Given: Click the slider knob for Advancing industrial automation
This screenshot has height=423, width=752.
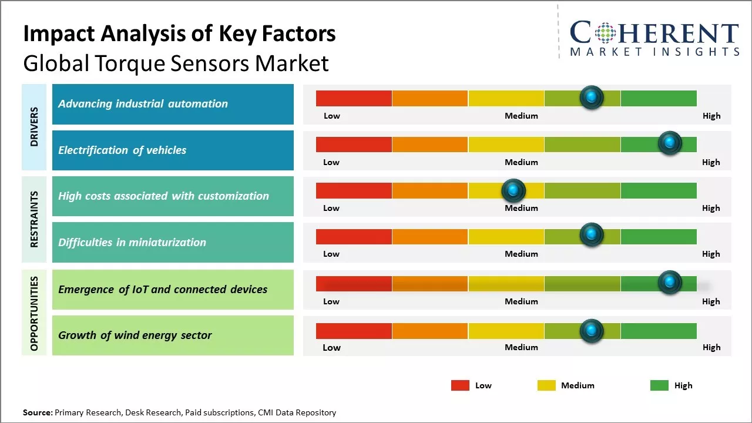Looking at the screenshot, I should pyautogui.click(x=592, y=97).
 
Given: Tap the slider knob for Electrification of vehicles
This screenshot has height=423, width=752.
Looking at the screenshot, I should pyautogui.click(x=669, y=143).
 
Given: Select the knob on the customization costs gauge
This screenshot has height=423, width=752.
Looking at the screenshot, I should pyautogui.click(x=513, y=190).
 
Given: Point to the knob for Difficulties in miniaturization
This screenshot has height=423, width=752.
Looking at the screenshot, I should pyautogui.click(x=592, y=235).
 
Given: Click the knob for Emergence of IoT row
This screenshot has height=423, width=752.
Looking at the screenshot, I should pyautogui.click(x=669, y=283).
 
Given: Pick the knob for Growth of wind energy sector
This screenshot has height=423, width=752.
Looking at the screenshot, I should pyautogui.click(x=592, y=331).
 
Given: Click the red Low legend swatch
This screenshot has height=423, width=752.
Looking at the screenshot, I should pyautogui.click(x=460, y=385).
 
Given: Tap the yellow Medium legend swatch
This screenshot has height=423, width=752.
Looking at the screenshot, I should pyautogui.click(x=546, y=385).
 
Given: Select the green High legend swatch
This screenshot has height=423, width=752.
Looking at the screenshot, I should pyautogui.click(x=659, y=385).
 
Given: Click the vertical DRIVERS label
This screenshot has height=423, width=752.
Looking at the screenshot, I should pyautogui.click(x=34, y=127).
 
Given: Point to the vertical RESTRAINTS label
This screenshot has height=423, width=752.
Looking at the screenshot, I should pyautogui.click(x=34, y=219).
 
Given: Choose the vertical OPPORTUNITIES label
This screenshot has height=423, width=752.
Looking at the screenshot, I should pyautogui.click(x=34, y=313).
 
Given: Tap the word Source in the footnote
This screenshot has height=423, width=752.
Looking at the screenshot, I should pyautogui.click(x=37, y=412).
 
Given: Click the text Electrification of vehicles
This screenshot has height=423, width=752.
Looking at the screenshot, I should pyautogui.click(x=122, y=150).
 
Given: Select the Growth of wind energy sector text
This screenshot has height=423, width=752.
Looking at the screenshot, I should pyautogui.click(x=135, y=335).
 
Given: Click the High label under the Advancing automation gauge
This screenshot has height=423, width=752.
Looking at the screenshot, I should pyautogui.click(x=711, y=116).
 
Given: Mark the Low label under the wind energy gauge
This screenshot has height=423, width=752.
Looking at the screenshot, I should pyautogui.click(x=331, y=347).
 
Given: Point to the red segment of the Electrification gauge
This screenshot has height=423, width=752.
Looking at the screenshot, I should pyautogui.click(x=354, y=144).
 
